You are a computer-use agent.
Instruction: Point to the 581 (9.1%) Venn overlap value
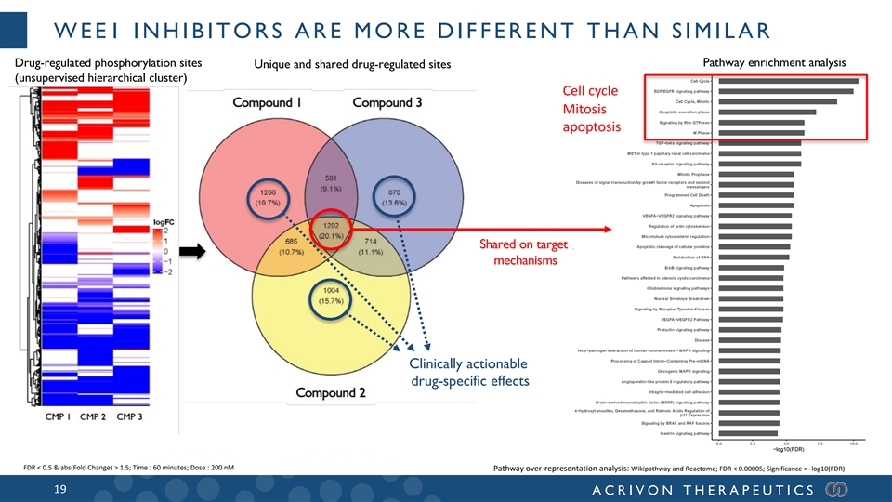pos(331,183)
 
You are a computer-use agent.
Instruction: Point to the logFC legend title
pos(177,220)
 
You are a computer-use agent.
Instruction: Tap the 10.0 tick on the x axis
pos(853,443)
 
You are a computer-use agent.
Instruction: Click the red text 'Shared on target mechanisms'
pos(525,252)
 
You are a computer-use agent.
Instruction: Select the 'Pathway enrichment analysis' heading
pos(777,62)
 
